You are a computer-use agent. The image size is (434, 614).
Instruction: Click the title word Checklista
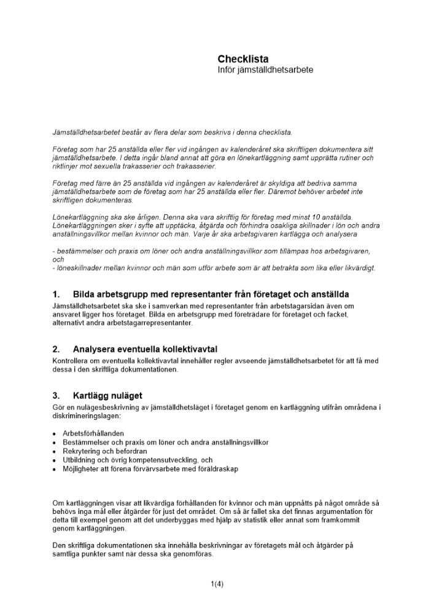tap(243, 59)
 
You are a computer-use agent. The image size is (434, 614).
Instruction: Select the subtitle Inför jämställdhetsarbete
tap(265, 70)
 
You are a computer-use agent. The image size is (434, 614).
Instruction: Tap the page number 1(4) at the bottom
tap(217, 584)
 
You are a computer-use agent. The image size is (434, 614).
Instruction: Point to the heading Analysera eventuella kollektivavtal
tap(145, 349)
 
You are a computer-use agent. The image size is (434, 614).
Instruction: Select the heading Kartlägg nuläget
tap(107, 395)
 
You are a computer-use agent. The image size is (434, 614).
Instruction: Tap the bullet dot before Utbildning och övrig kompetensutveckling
tap(55, 460)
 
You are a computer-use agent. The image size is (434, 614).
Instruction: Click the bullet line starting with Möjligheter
tap(150, 469)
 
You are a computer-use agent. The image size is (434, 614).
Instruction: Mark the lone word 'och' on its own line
tap(58, 260)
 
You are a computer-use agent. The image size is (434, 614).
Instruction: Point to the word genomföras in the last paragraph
tap(193, 554)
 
